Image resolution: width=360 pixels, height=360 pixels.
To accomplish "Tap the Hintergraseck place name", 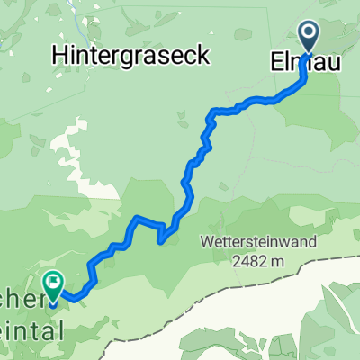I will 131,55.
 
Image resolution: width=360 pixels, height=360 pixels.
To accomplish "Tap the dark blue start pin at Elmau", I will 309,38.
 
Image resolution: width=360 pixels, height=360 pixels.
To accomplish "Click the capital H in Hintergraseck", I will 60,55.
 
